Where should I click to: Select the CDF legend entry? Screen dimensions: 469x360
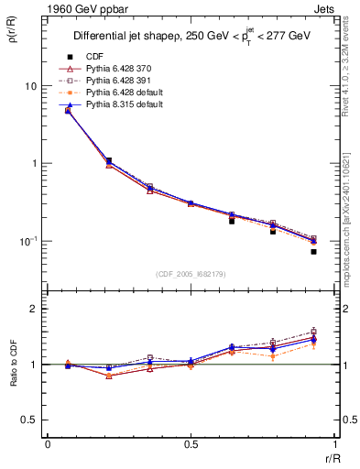click(x=93, y=56)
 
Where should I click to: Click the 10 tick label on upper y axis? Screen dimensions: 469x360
click(x=30, y=85)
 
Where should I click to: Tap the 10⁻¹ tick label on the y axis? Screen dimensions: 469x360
click(x=27, y=240)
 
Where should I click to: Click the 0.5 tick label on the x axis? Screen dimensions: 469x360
click(x=191, y=444)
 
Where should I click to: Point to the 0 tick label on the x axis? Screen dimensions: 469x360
click(x=47, y=444)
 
